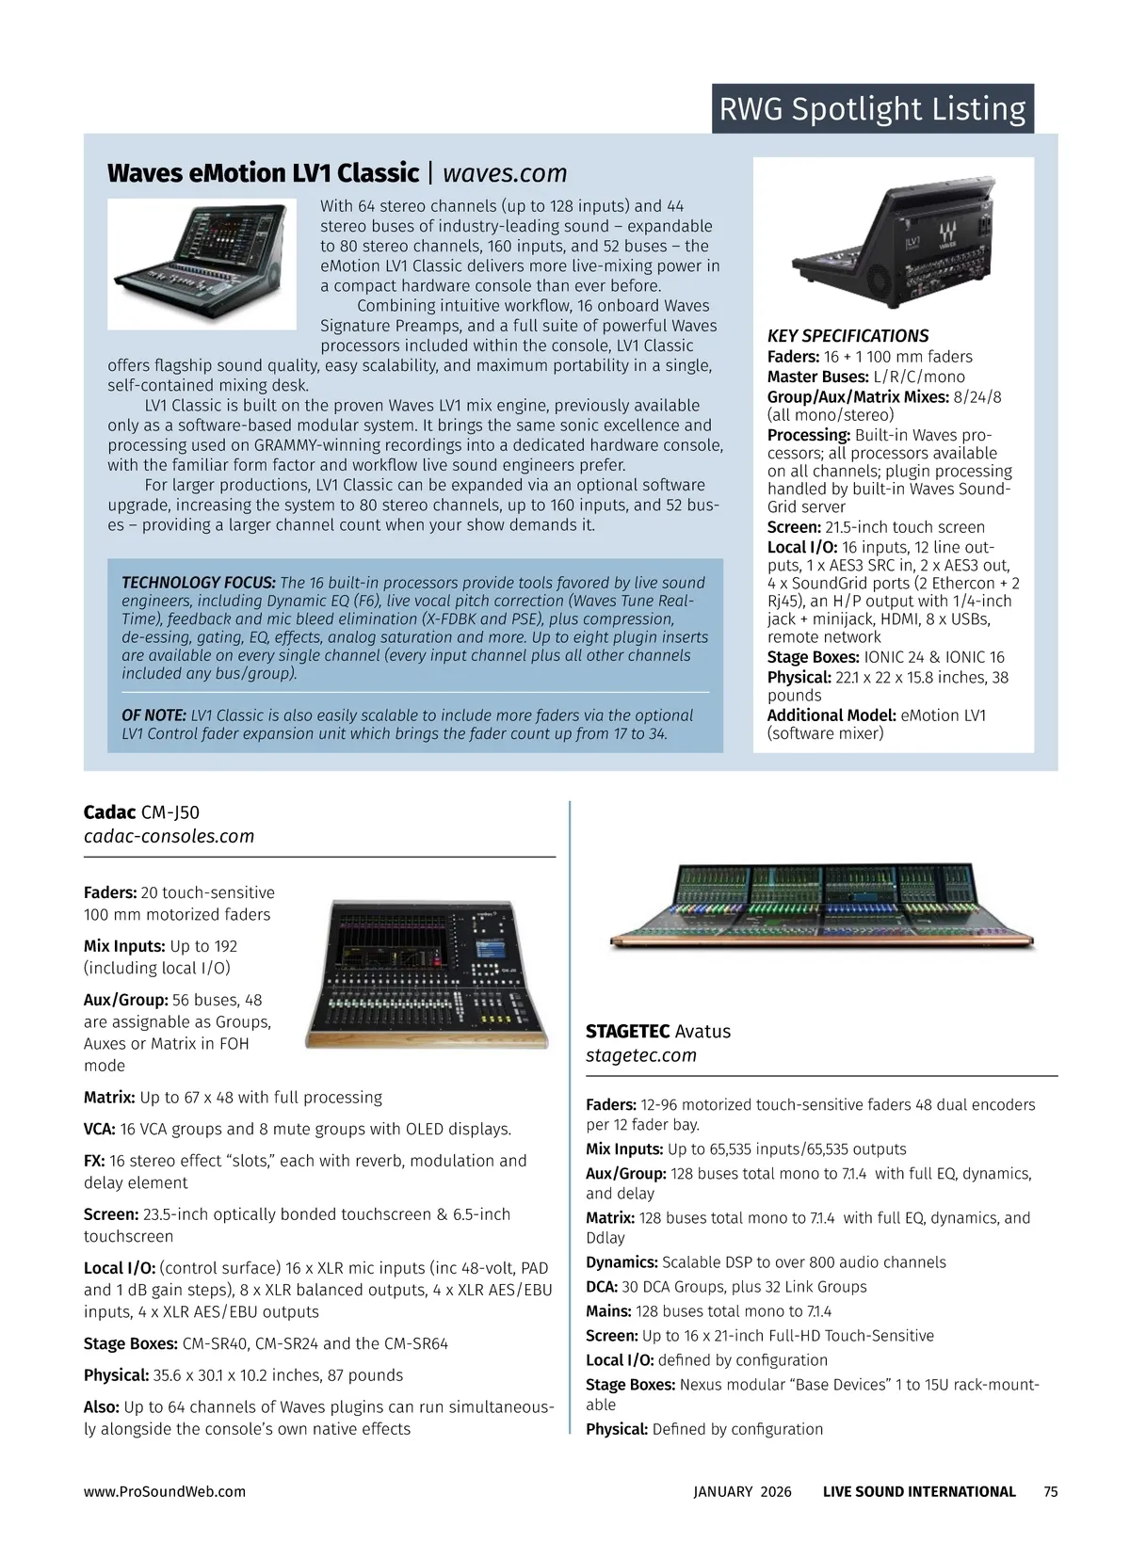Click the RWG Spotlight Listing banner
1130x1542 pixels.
pyautogui.click(x=872, y=109)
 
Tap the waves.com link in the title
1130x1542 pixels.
pyautogui.click(x=505, y=173)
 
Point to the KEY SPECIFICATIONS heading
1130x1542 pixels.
pyautogui.click(x=847, y=336)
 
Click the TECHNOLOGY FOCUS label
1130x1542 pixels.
pyautogui.click(x=198, y=583)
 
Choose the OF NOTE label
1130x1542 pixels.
pyautogui.click(x=153, y=715)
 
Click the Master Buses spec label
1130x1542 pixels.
pyautogui.click(x=817, y=377)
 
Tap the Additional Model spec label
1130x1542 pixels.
pyautogui.click(x=831, y=715)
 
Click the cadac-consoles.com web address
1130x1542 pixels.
pyautogui.click(x=169, y=836)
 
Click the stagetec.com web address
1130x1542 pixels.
pyautogui.click(x=641, y=1055)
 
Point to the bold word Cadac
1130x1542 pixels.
pyautogui.click(x=109, y=812)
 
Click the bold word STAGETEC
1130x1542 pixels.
pyautogui.click(x=627, y=1032)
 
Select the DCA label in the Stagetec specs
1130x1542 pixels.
pyautogui.click(x=601, y=1287)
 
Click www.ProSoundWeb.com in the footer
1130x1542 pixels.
pyautogui.click(x=165, y=1491)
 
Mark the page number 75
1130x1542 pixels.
pyautogui.click(x=1051, y=1491)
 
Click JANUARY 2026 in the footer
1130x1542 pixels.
pyautogui.click(x=742, y=1491)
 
